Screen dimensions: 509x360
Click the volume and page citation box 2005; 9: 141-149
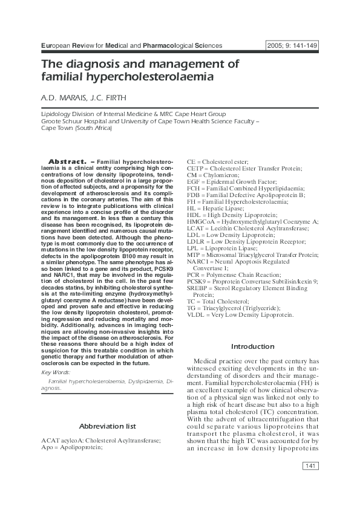pos(292,46)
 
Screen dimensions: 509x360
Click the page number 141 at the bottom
pos(309,465)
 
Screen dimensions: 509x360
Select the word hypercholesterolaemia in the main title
pos(136,78)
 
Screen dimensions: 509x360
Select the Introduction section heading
pos(253,346)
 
